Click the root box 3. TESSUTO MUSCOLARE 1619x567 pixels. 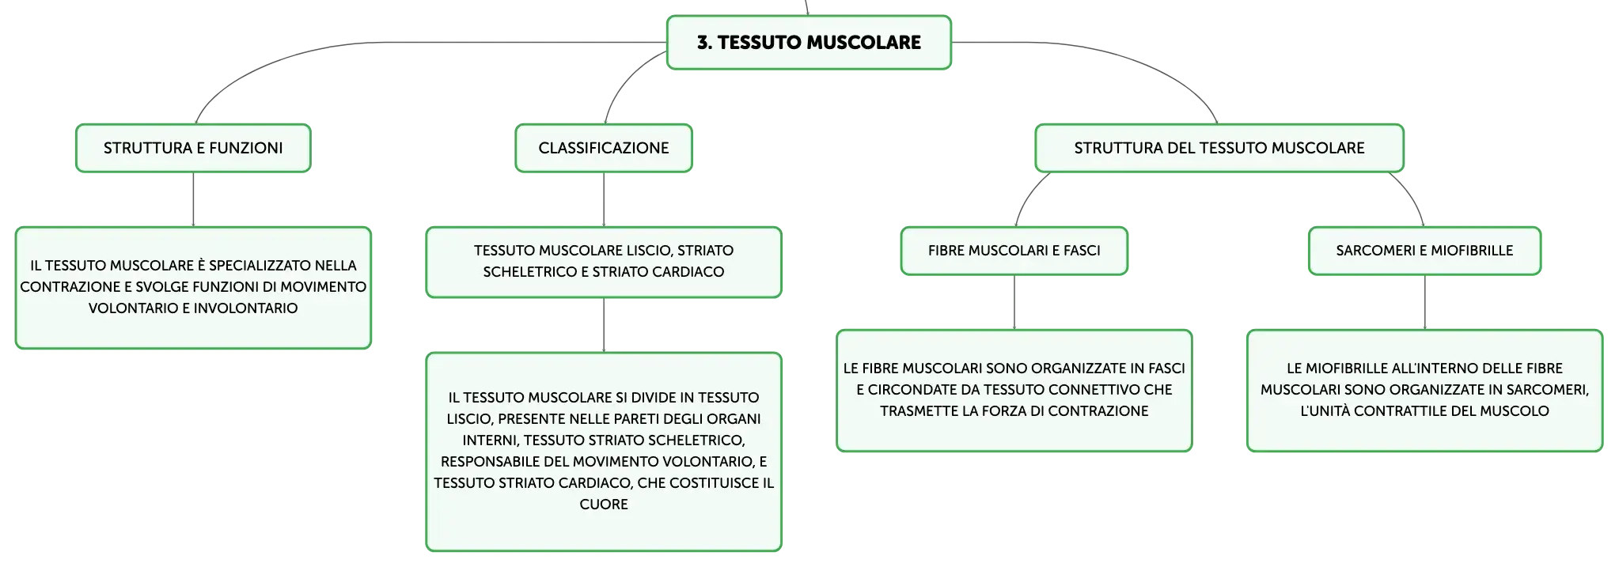coord(809,43)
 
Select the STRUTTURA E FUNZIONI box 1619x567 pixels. coord(193,148)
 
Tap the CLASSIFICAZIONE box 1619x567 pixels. coord(604,148)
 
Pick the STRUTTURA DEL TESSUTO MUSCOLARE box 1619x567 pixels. coord(1219,148)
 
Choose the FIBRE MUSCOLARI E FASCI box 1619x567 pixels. coord(1014,251)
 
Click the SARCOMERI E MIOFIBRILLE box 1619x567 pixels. coord(1424,251)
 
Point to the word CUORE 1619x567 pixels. coord(604,505)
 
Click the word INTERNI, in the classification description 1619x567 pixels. coord(491,440)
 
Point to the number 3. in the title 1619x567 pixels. coord(704,43)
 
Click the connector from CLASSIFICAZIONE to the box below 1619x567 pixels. coord(604,199)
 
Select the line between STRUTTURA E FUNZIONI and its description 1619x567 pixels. coord(193,199)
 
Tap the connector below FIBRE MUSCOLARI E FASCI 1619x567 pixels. coord(1014,302)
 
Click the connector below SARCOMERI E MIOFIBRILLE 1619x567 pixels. coord(1424,302)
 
